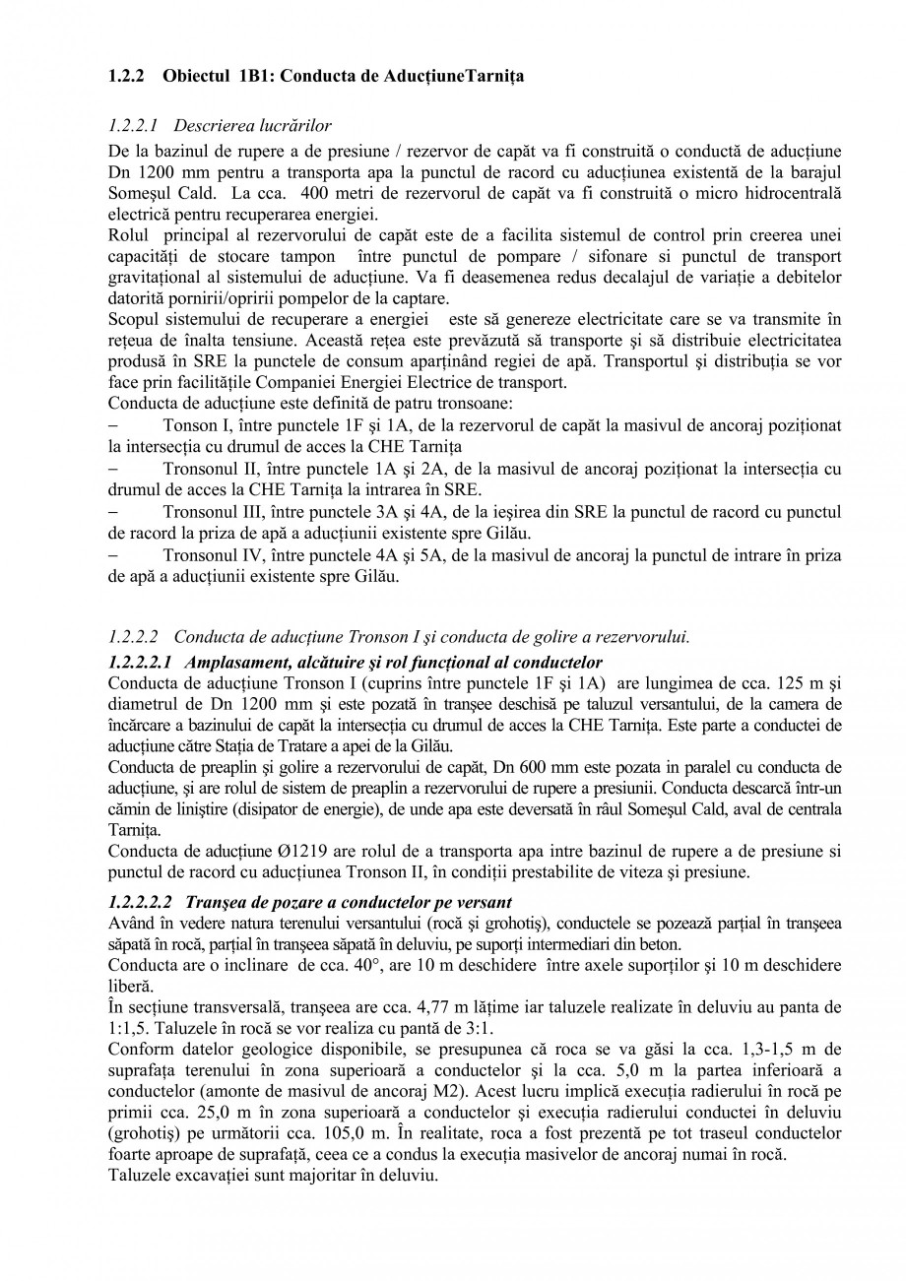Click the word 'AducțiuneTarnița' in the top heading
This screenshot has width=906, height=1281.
click(x=455, y=76)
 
